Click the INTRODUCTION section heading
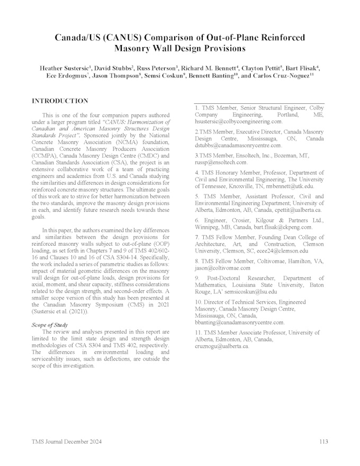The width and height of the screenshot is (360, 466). (60, 101)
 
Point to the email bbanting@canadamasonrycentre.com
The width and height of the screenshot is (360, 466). (239, 322)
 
